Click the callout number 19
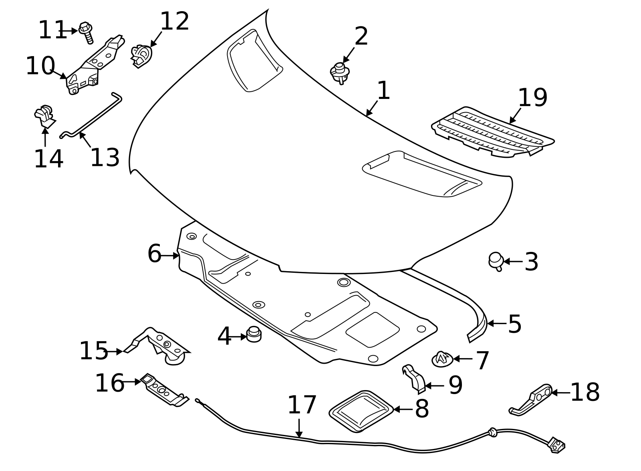532,98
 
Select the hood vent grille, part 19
493,132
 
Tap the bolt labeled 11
86,33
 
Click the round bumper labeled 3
496,261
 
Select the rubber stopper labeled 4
254,334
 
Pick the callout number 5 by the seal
514,324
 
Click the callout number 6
154,254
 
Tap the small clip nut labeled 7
442,359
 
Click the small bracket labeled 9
415,378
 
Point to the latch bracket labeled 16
164,390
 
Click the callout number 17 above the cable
302,405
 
